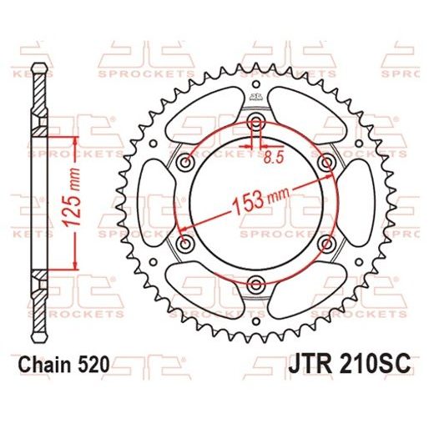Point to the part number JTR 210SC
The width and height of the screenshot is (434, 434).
coord(351,365)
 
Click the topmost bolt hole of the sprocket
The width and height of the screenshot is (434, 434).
coord(255,124)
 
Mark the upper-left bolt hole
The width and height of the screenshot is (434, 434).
coord(186,163)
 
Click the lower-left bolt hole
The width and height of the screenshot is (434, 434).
coord(186,243)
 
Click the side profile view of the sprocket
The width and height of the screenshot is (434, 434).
coord(38,200)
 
